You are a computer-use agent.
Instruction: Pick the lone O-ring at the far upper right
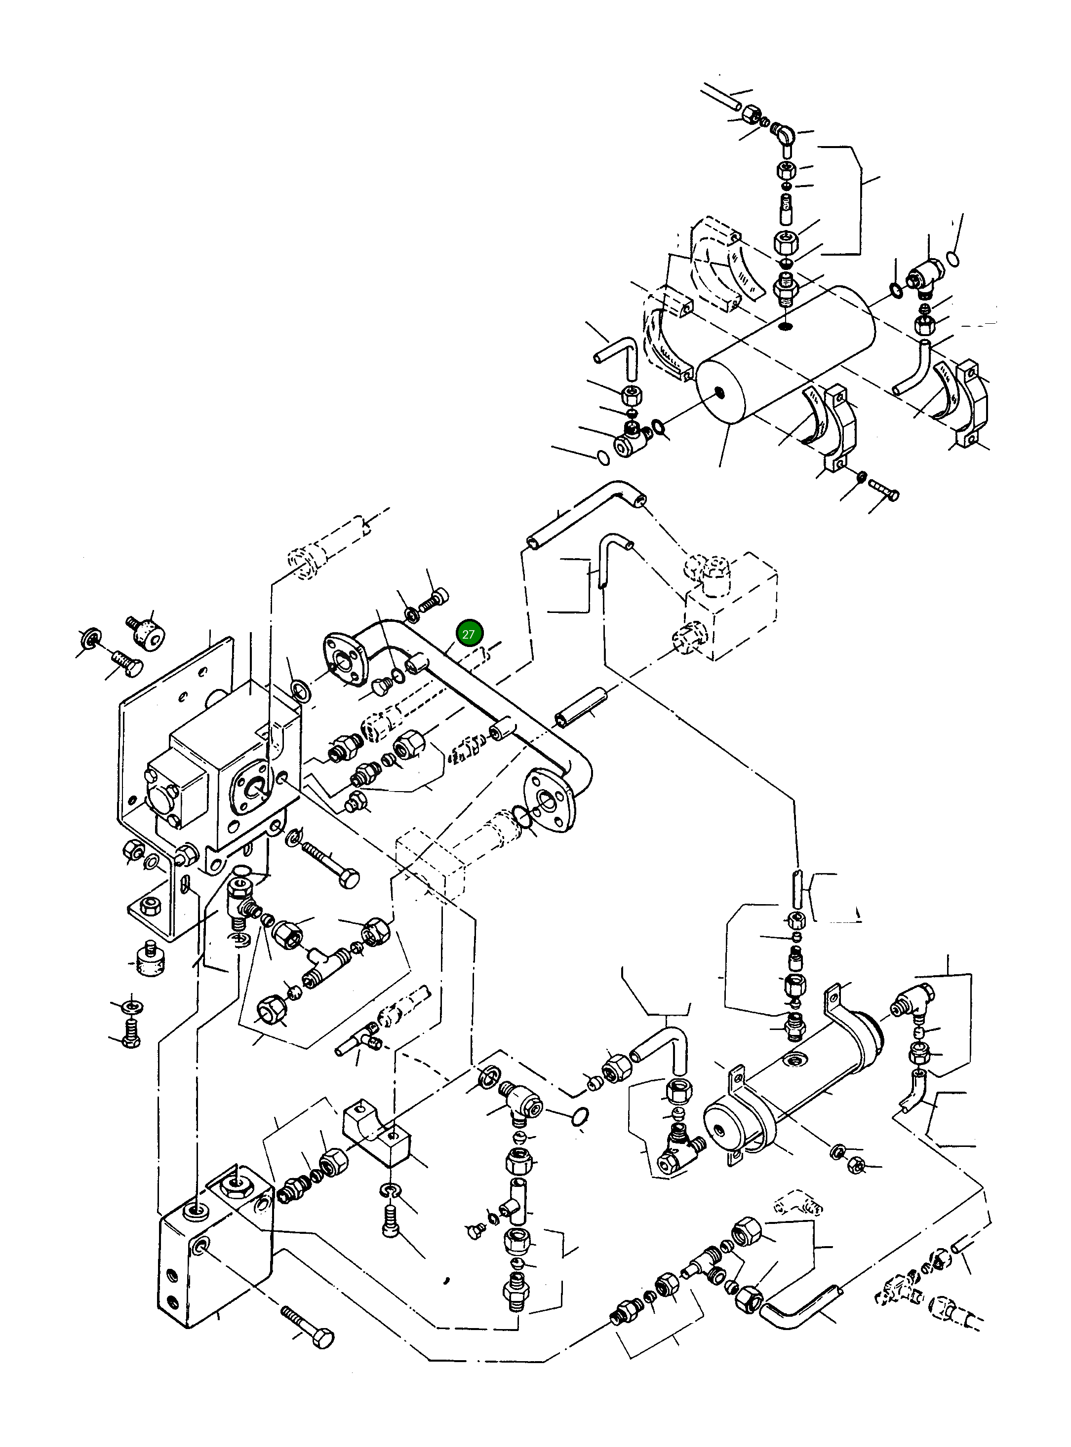click(x=953, y=259)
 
